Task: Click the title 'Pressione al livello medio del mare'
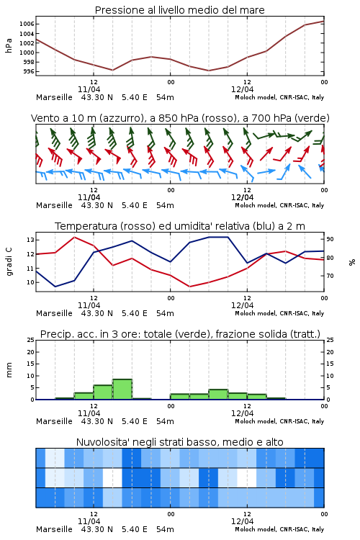[x=179, y=10]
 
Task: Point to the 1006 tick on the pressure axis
[x=27, y=24]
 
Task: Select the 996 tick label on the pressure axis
[x=29, y=71]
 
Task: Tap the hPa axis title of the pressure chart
[x=9, y=45]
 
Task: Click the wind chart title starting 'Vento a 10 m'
[x=180, y=118]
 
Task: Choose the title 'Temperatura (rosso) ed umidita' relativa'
[x=180, y=226]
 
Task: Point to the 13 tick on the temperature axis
[x=31, y=240]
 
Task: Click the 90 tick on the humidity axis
[x=330, y=239]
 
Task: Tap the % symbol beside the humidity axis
[x=352, y=262]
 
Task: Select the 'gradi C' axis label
[x=9, y=261]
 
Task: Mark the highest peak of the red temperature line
[x=74, y=237]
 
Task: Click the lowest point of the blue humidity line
[x=55, y=287]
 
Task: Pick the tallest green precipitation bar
[x=122, y=390]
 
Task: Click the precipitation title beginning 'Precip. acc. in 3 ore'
[x=180, y=334]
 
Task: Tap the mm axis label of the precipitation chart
[x=9, y=369]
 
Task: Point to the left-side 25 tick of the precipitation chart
[x=31, y=340]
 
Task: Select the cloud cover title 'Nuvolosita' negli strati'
[x=180, y=442]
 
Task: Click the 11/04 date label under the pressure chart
[x=89, y=89]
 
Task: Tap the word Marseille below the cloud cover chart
[x=54, y=529]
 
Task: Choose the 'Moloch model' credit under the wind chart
[x=256, y=205]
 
